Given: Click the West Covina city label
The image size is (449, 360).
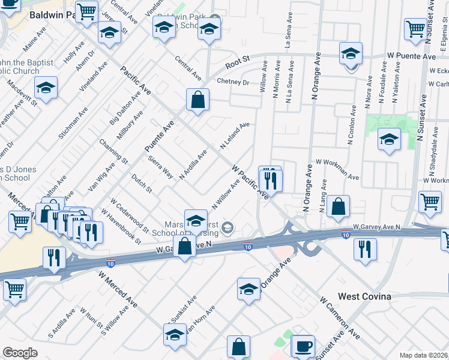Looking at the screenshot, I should pyautogui.click(x=365, y=296).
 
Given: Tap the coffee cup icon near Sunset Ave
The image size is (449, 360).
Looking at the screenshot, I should pyautogui.click(x=303, y=347).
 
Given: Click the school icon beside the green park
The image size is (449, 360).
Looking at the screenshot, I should pyautogui.click(x=389, y=140).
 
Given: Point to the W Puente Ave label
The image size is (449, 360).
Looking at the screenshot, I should pyautogui.click(x=411, y=56).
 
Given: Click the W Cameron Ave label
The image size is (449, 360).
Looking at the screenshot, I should pyautogui.click(x=340, y=316).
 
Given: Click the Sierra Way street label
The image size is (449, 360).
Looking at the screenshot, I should pyautogui.click(x=160, y=167).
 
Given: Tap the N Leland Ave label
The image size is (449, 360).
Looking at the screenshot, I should pyautogui.click(x=234, y=136).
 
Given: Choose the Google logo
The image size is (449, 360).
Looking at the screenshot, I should pyautogui.click(x=20, y=353).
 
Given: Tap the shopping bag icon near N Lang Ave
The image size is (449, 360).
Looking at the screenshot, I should pyautogui.click(x=339, y=206).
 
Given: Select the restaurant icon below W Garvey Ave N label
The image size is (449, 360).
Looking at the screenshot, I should pyautogui.click(x=364, y=249).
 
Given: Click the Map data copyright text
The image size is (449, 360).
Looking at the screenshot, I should pyautogui.click(x=424, y=355).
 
